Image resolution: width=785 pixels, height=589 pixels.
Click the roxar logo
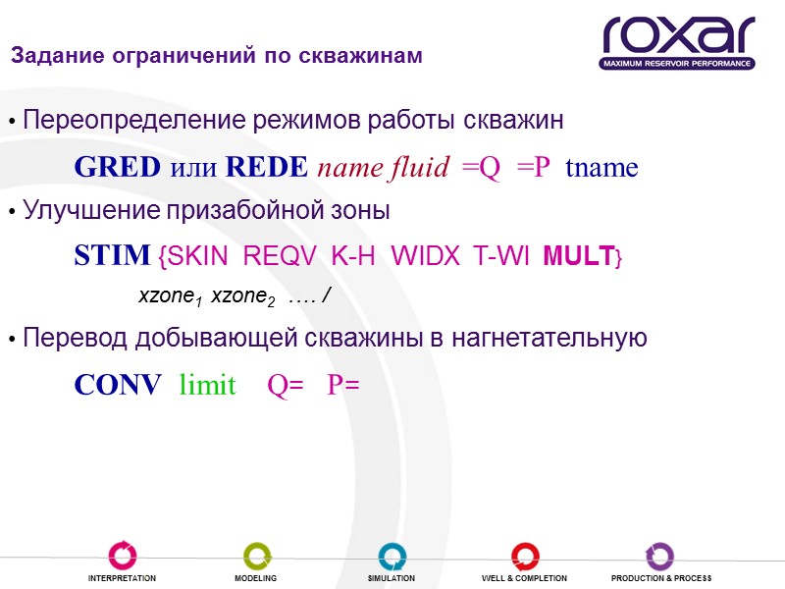click(x=678, y=42)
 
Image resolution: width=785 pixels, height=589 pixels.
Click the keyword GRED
click(x=117, y=168)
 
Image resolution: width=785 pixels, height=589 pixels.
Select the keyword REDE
click(x=266, y=168)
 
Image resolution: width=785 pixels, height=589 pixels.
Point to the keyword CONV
click(x=118, y=386)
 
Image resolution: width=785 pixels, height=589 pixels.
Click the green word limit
click(x=207, y=386)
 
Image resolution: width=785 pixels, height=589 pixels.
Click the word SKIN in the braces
click(x=197, y=258)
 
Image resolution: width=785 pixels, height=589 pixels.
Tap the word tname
click(x=602, y=168)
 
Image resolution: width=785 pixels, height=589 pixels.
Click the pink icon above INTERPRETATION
click(x=123, y=556)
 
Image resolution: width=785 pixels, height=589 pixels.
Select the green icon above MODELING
click(x=257, y=556)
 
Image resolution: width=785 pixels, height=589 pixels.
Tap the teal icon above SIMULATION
click(x=392, y=556)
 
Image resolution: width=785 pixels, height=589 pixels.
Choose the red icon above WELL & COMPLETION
click(x=524, y=556)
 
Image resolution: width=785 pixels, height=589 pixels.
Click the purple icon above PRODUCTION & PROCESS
click(x=660, y=556)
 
